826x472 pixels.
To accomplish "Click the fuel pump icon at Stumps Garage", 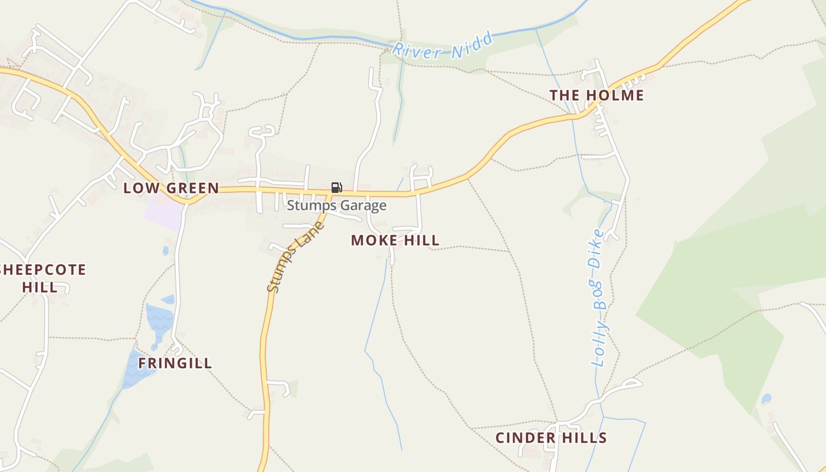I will (336, 188).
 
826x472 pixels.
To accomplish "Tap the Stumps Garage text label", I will (336, 205).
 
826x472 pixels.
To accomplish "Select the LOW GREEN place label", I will (171, 188).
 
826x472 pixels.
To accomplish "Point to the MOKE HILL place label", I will (395, 240).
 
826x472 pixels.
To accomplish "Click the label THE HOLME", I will (596, 96).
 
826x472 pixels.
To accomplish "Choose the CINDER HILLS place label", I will (551, 438).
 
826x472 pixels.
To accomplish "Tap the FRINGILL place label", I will (175, 363).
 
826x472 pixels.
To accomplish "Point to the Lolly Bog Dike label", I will (600, 298).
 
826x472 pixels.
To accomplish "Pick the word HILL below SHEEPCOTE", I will (40, 287).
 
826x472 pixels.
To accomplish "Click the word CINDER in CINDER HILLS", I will (520, 438).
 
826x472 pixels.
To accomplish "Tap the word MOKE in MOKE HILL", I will (370, 240).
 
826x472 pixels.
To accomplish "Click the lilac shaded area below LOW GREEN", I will (162, 214).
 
